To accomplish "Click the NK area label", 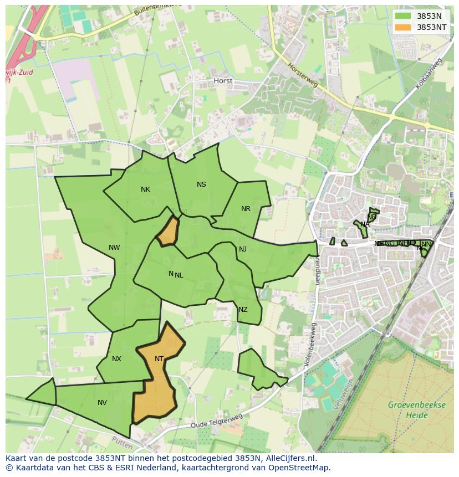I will pyautogui.click(x=145, y=189).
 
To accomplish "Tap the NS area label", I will pyautogui.click(x=201, y=184).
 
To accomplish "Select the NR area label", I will pyautogui.click(x=246, y=209).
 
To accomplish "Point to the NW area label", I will pyautogui.click(x=114, y=248).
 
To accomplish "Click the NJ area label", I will pyautogui.click(x=243, y=249).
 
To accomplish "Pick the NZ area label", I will pyautogui.click(x=243, y=310).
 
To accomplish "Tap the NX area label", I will pyautogui.click(x=116, y=359).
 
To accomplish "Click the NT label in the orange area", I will pyautogui.click(x=159, y=359).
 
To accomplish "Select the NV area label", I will pyautogui.click(x=102, y=403).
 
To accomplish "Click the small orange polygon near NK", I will pyautogui.click(x=168, y=232).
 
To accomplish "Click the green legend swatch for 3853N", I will pyautogui.click(x=403, y=16).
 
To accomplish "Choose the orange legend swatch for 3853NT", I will pyautogui.click(x=403, y=27).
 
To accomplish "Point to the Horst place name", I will pyautogui.click(x=223, y=81).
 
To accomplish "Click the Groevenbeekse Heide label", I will pyautogui.click(x=416, y=410).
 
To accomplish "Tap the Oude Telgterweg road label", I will pyautogui.click(x=217, y=421).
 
